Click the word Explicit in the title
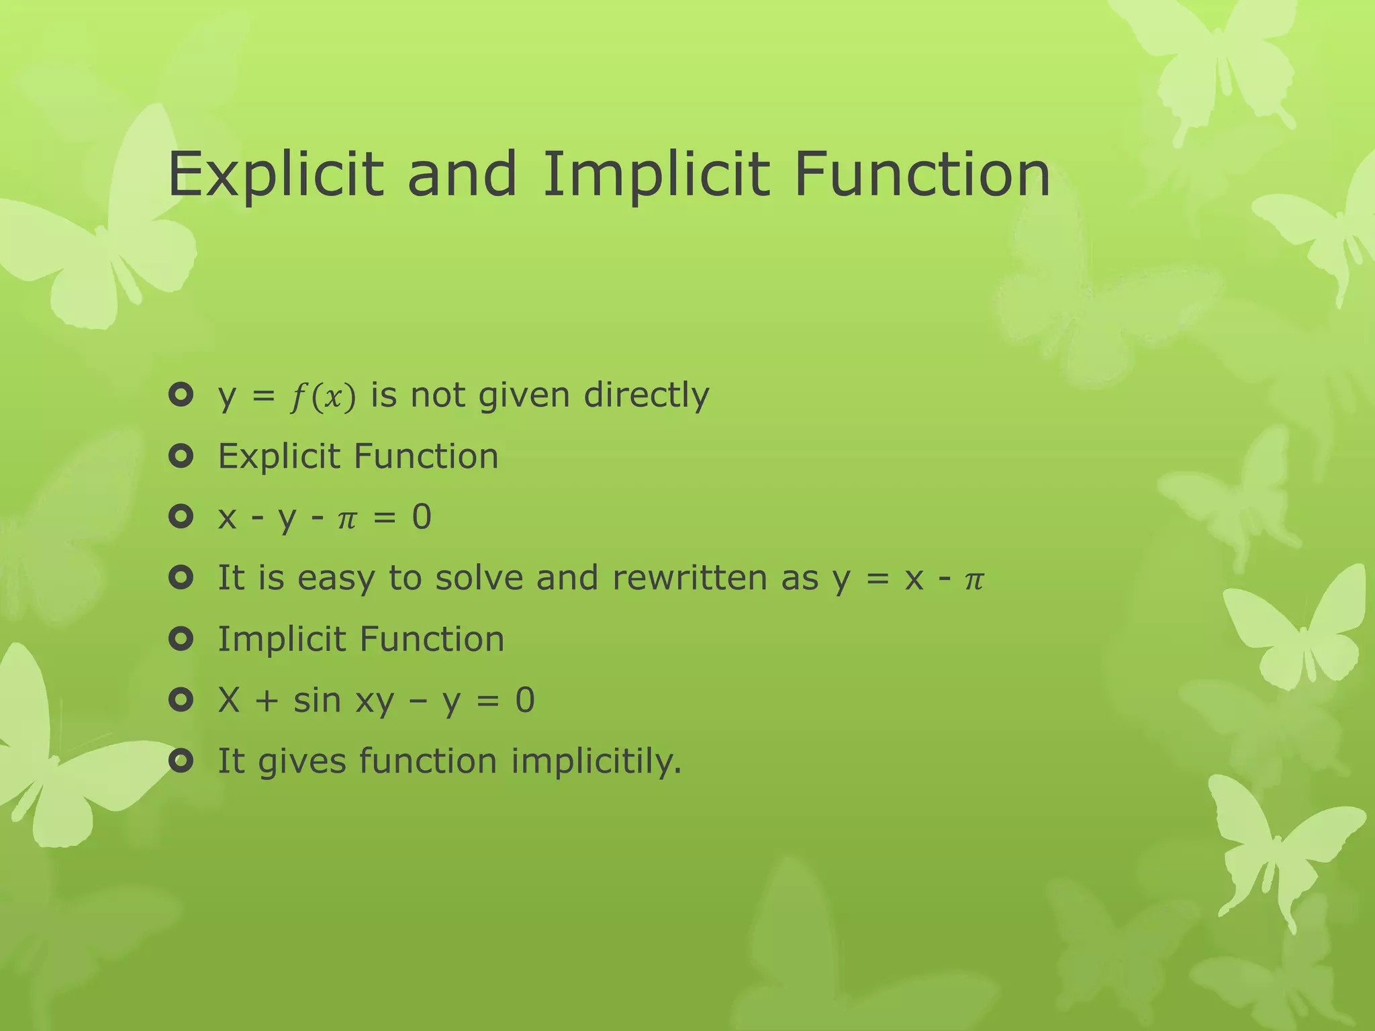coord(275,175)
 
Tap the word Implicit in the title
coord(655,175)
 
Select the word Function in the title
coord(922,175)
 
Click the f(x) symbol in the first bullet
coord(322,397)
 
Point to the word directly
coord(646,395)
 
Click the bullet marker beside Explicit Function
coord(181,456)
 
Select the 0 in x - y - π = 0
coord(421,517)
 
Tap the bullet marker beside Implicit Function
coord(181,639)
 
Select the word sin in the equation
coord(317,700)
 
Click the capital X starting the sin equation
coord(229,700)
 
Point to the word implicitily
coord(596,762)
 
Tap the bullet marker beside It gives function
coord(181,761)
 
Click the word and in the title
coord(462,175)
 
